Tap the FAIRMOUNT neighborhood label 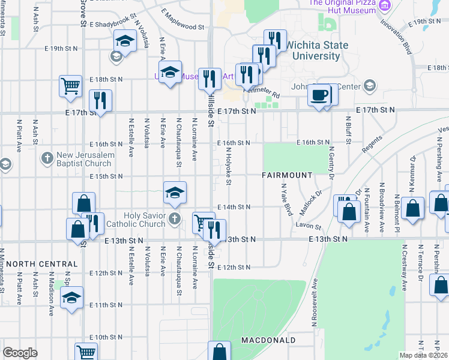pos(287,175)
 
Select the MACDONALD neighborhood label pos(268,340)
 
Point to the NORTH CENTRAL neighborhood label pos(43,264)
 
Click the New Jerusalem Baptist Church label pos(83,159)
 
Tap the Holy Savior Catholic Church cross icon pos(174,218)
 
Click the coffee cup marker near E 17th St pos(318,94)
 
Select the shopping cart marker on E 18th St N pos(70,85)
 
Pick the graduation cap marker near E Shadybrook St pos(125,41)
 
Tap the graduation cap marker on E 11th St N pos(71,298)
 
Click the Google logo pos(20,353)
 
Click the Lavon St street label pos(309,227)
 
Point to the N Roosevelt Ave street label pos(315,304)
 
